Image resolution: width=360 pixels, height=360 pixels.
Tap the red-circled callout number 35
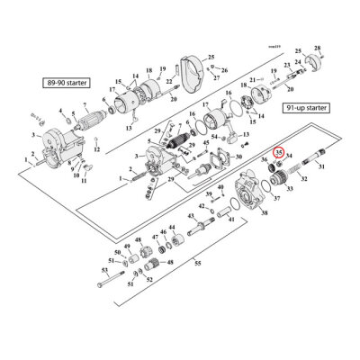(280, 153)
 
